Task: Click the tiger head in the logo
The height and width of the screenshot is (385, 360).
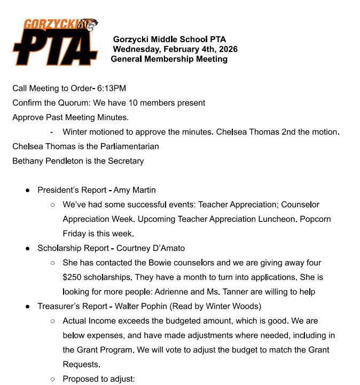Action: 88,25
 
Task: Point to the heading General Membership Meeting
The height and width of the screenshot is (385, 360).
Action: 169,59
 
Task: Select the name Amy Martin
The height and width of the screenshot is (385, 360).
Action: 135,190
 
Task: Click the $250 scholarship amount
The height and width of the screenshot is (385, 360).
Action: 74,278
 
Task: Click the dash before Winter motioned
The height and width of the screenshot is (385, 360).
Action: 51,131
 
